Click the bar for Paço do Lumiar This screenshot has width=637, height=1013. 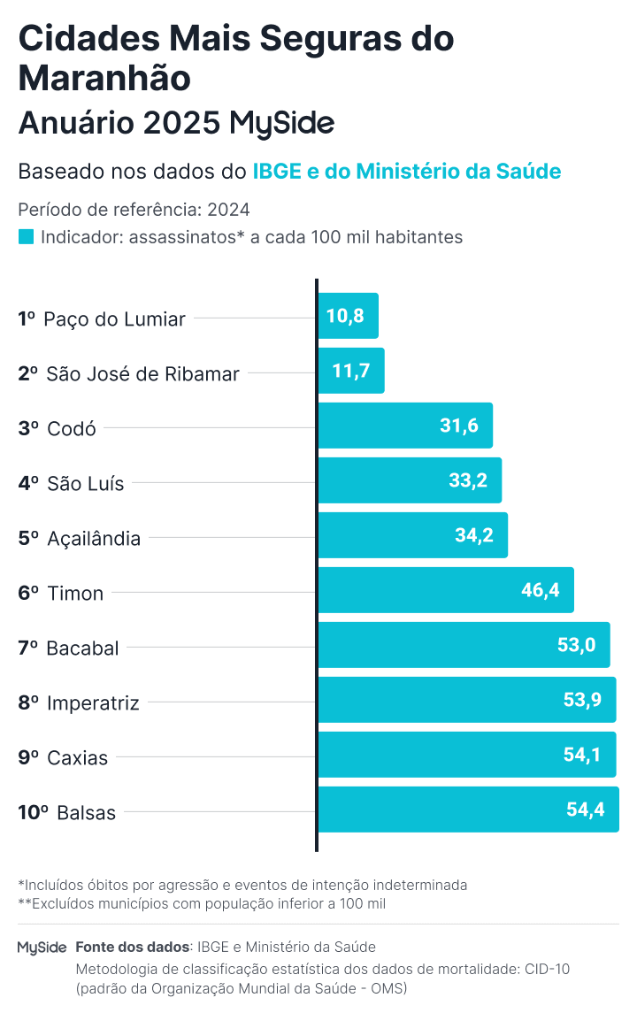pyautogui.click(x=349, y=316)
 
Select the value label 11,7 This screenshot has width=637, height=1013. pyautogui.click(x=351, y=371)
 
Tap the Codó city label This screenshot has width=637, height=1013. pyautogui.click(x=72, y=429)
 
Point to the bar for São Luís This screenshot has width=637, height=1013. pyautogui.click(x=410, y=480)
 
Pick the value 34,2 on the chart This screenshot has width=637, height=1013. pyautogui.click(x=473, y=535)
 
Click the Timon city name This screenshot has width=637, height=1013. pyautogui.click(x=75, y=594)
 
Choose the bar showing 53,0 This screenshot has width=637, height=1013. pyautogui.click(x=464, y=645)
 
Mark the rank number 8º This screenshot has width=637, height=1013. pyautogui.click(x=28, y=703)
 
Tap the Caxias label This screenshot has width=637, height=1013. pyautogui.click(x=78, y=758)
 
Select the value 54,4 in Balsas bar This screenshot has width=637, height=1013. pyautogui.click(x=586, y=810)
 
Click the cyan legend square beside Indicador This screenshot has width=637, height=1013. pyautogui.click(x=26, y=237)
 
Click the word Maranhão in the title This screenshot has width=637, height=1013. pyautogui.click(x=104, y=78)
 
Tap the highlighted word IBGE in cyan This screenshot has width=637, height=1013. pyautogui.click(x=276, y=172)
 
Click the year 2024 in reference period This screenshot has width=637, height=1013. pyautogui.click(x=228, y=211)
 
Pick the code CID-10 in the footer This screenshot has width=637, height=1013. pyautogui.click(x=546, y=969)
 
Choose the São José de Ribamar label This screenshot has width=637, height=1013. pyautogui.click(x=142, y=374)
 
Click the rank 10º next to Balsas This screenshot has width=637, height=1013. pyautogui.click(x=33, y=813)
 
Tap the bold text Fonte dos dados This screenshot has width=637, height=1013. pyautogui.click(x=133, y=947)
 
